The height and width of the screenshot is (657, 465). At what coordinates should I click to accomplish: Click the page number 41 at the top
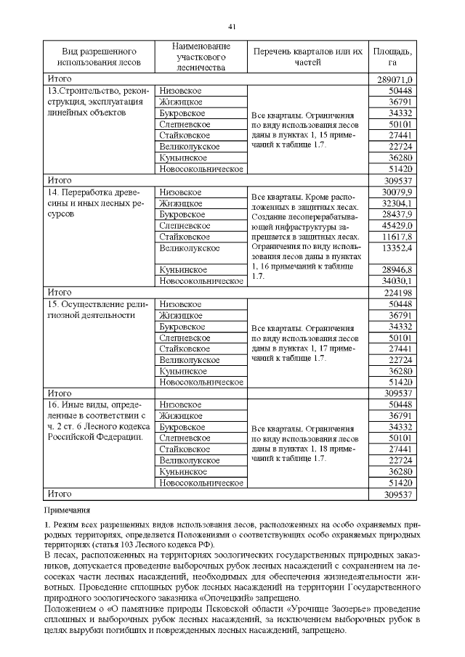click(x=232, y=27)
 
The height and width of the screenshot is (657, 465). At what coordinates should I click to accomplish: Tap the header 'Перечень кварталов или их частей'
click(x=307, y=57)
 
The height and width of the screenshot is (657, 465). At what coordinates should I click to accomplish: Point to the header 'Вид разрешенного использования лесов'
click(x=100, y=57)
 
